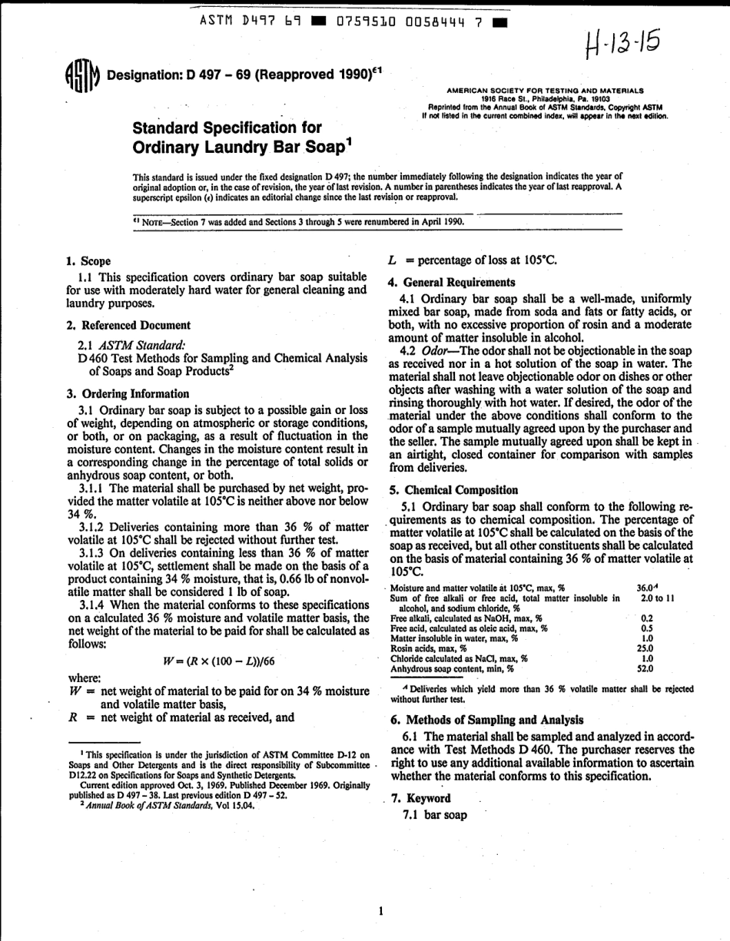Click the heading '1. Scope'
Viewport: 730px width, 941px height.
[89, 261]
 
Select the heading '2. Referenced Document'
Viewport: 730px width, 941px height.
[129, 326]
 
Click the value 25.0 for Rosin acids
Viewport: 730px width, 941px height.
[646, 648]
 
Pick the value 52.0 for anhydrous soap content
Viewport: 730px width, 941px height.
[646, 668]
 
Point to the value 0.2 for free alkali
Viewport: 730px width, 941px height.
[647, 618]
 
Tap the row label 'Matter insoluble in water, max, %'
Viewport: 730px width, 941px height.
[453, 638]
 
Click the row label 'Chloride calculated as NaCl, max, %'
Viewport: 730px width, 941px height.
[459, 658]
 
